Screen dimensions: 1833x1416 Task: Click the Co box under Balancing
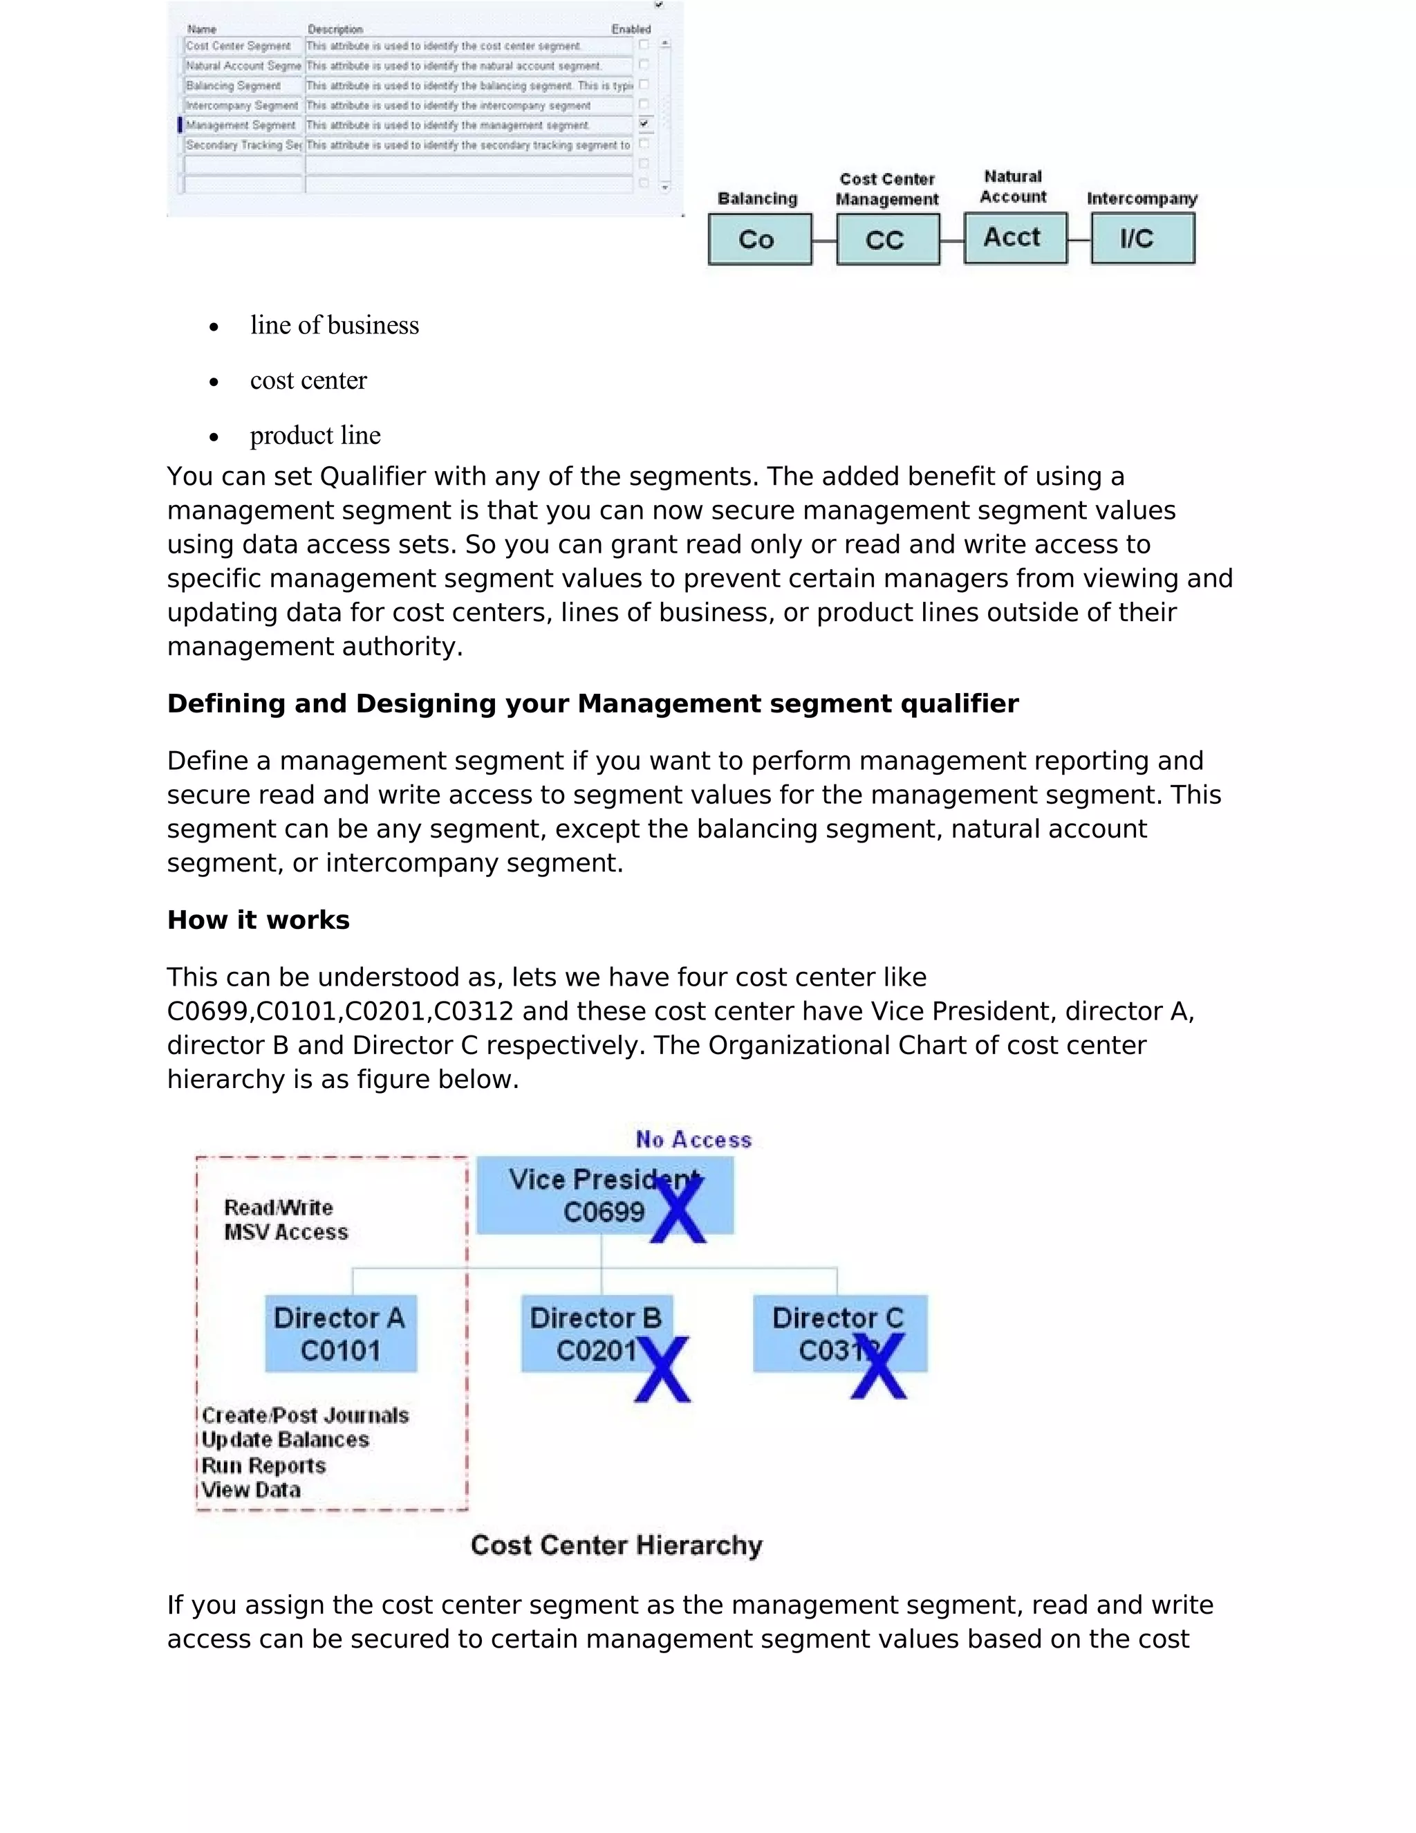[759, 239]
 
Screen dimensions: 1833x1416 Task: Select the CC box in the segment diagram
[888, 240]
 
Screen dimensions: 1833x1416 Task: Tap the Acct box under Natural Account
[1015, 239]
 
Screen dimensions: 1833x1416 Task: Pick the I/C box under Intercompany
[1142, 239]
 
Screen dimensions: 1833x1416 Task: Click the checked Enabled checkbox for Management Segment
[644, 125]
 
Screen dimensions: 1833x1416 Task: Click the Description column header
[335, 29]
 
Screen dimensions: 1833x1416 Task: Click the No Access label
[693, 1139]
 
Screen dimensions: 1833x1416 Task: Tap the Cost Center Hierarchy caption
[617, 1545]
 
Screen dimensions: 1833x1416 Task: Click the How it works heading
[259, 920]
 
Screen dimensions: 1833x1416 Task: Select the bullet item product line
[315, 436]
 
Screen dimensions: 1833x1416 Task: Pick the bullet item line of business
[334, 326]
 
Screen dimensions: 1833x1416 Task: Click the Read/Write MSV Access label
[286, 1219]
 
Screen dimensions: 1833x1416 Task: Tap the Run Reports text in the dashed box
[263, 1466]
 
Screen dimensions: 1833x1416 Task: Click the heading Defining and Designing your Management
[593, 703]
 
